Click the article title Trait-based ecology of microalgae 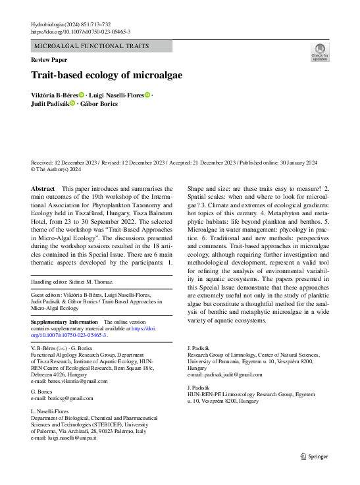tap(107, 75)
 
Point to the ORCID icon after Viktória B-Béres tap(82, 95)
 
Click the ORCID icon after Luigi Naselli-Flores tap(147, 95)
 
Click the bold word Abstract tap(43, 189)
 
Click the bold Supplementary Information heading tap(64, 322)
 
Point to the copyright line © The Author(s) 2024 tap(56, 169)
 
